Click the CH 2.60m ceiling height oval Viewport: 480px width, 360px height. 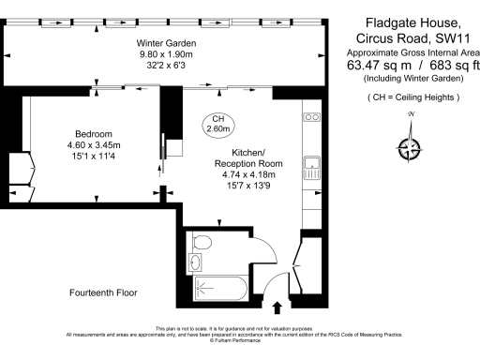(x=218, y=124)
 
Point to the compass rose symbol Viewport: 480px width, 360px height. (x=409, y=145)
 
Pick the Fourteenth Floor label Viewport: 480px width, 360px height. (x=103, y=293)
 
